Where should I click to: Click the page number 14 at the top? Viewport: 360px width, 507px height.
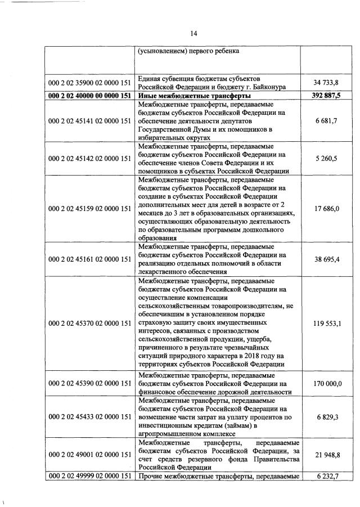click(193, 33)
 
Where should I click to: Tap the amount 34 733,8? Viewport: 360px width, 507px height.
click(330, 83)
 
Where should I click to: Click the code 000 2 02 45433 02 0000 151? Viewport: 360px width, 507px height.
click(90, 417)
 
